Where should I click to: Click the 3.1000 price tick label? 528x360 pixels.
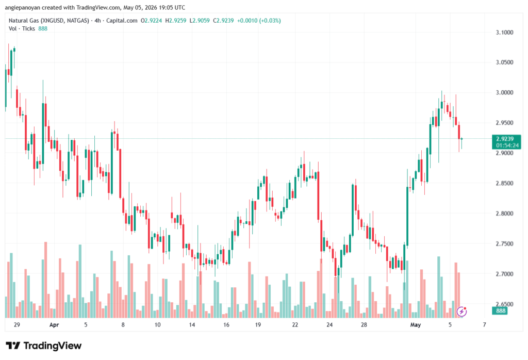click(x=504, y=32)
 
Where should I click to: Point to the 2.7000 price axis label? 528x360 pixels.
click(x=504, y=274)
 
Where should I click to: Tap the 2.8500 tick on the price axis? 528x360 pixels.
click(x=504, y=183)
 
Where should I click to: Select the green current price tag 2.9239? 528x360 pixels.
click(x=505, y=139)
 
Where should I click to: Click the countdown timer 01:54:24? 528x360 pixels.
click(x=507, y=145)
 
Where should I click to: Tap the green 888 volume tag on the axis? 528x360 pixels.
click(x=501, y=310)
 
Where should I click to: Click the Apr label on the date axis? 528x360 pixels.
click(x=54, y=324)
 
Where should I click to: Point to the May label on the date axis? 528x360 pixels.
click(x=416, y=324)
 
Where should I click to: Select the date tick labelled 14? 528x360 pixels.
click(x=192, y=324)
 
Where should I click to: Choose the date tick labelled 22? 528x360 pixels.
click(x=295, y=324)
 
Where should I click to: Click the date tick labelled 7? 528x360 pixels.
click(x=485, y=324)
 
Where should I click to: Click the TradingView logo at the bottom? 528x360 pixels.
click(x=44, y=346)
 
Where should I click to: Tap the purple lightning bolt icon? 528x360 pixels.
click(x=461, y=312)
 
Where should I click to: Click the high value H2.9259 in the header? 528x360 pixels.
click(x=176, y=21)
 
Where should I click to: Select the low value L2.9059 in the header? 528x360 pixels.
click(x=200, y=21)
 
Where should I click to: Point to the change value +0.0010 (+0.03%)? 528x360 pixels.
click(x=259, y=21)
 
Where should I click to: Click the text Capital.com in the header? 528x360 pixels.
click(x=122, y=21)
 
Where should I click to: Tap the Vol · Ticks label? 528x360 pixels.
click(x=22, y=29)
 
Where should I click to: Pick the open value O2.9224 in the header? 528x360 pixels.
click(x=151, y=21)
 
